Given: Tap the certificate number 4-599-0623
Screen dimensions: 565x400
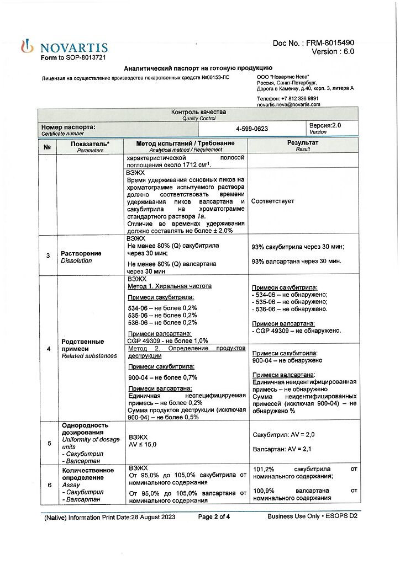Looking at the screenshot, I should pos(251,129).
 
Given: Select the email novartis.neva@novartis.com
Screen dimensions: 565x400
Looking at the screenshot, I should pos(288,104).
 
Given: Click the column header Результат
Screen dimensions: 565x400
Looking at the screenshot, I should pos(303,143).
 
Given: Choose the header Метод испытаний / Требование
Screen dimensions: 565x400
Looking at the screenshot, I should pos(186,143).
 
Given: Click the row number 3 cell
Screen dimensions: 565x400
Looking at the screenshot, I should pos(48,256).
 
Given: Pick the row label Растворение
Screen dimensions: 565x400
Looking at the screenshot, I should pos(81,253).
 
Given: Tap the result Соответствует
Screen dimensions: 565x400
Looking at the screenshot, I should pos(272,201).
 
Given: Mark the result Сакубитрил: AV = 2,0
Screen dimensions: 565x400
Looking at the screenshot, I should pos(283,435).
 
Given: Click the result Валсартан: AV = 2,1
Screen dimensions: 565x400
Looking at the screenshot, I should pos(282,450).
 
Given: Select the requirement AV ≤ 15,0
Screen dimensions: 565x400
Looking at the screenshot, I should pos(143,444).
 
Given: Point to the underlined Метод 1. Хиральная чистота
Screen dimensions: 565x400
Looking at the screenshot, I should pos(169,286).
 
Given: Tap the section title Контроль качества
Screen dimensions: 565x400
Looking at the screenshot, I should pos(197,112).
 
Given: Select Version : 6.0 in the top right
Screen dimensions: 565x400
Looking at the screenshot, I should pos(333,52).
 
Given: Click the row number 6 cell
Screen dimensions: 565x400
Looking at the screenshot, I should pos(48,485).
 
